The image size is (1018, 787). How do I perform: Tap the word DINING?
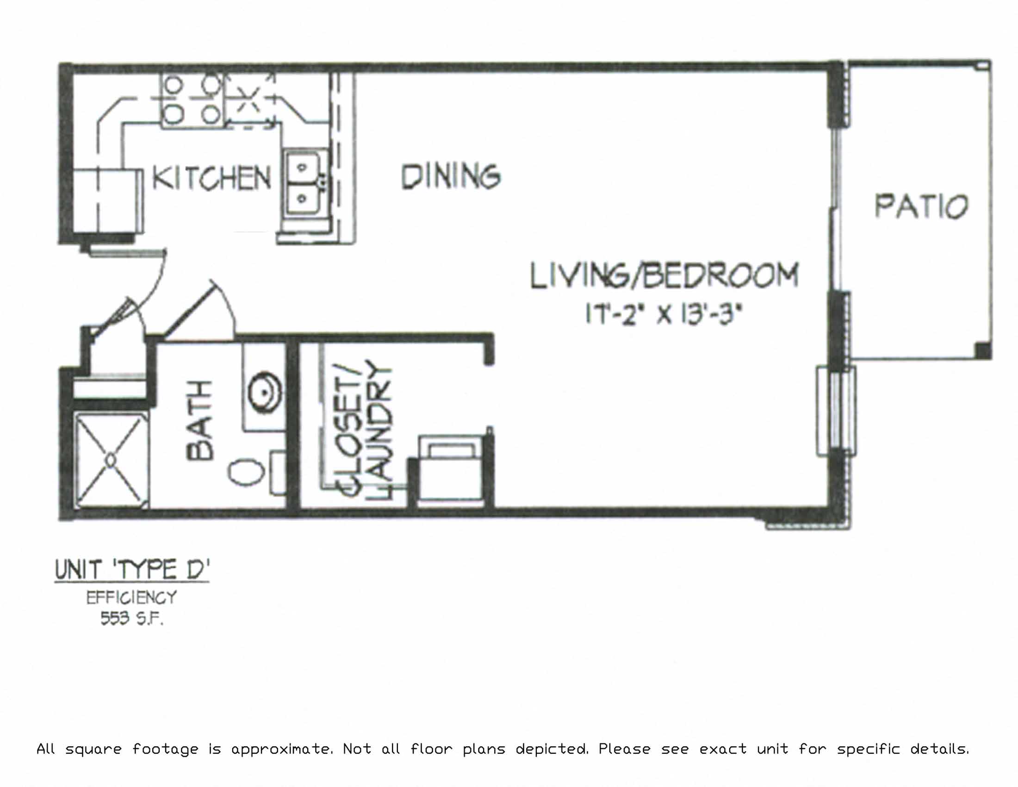(451, 177)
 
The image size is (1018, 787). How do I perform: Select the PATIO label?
(921, 206)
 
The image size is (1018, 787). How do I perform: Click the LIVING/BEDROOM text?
(664, 276)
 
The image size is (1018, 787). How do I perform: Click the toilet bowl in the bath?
(246, 472)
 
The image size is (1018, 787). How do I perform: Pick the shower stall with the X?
(111, 461)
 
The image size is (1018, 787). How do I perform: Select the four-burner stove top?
(192, 100)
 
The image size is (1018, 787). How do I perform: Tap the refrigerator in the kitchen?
(107, 200)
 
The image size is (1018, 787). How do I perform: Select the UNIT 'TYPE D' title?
(132, 570)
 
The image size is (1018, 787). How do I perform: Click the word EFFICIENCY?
(131, 598)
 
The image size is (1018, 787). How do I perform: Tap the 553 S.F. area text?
(131, 619)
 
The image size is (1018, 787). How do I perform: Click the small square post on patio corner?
(982, 350)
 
